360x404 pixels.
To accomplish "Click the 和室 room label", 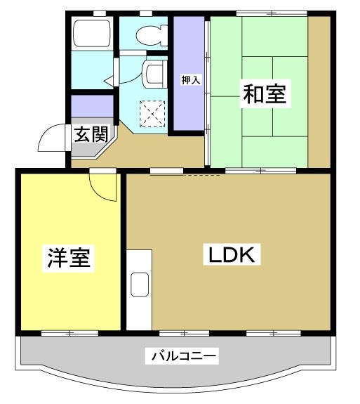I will click(265, 93).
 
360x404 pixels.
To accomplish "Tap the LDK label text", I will click(232, 255).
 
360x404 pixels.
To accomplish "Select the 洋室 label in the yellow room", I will click(69, 257).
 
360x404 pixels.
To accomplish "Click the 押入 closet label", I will click(191, 79).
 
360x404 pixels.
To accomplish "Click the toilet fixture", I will click(149, 33).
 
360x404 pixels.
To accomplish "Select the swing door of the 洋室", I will click(104, 186).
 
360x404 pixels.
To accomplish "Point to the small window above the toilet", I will click(146, 13).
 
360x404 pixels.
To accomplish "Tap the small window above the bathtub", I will click(99, 13).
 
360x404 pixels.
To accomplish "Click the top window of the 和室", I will click(271, 13).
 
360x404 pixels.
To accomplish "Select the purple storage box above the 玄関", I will click(93, 106).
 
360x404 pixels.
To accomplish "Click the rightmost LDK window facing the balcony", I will click(272, 332).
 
